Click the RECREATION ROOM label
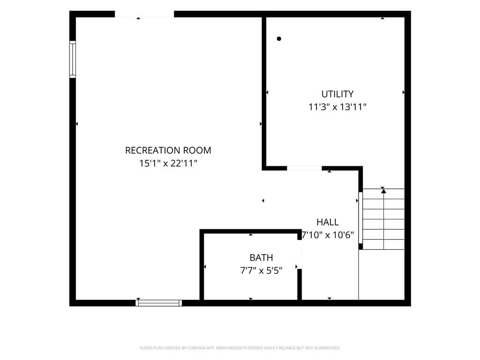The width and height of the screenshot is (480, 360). pos(168,150)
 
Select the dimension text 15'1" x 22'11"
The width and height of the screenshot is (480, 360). pos(168,163)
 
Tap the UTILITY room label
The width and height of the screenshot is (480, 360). pos(337,94)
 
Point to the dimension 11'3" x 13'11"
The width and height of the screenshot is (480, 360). pos(337,107)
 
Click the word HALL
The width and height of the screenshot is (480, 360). pos(328,222)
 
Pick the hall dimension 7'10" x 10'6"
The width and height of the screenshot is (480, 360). pos(328,235)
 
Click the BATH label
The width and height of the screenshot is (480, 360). pos(261,257)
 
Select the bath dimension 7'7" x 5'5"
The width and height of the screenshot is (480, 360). pos(261,270)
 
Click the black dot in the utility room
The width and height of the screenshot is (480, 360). pos(279,38)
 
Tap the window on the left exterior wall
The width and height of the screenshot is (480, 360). pos(73,59)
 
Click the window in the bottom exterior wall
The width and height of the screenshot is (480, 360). pos(158,303)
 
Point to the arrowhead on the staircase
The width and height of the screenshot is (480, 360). pos(383,191)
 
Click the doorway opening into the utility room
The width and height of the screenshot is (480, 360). pos(304,168)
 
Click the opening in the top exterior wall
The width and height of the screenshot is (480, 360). pos(144,14)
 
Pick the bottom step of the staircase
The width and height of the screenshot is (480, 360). pos(383,245)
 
